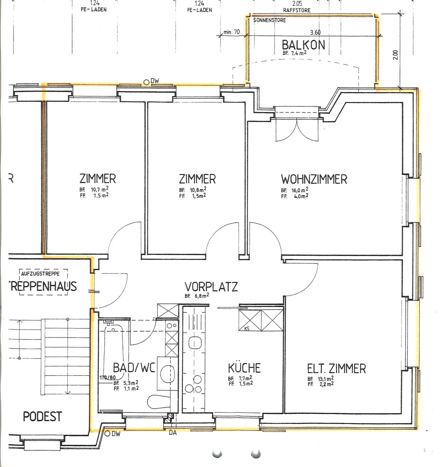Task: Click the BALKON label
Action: click(x=303, y=45)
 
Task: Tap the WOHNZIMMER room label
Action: click(x=314, y=180)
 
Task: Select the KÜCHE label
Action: click(x=244, y=368)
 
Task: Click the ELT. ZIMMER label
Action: click(x=336, y=369)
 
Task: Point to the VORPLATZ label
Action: click(x=211, y=287)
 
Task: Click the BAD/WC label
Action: click(x=134, y=368)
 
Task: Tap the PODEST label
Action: click(x=43, y=416)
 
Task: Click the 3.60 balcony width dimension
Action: click(x=315, y=32)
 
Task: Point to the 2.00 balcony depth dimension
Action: click(x=395, y=55)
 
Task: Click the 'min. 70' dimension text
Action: click(x=232, y=32)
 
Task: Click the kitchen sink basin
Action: click(x=195, y=343)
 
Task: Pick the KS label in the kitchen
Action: click(x=247, y=328)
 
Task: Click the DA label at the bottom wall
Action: click(x=173, y=433)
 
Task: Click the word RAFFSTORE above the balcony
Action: click(x=296, y=10)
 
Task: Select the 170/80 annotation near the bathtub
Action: click(x=107, y=378)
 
